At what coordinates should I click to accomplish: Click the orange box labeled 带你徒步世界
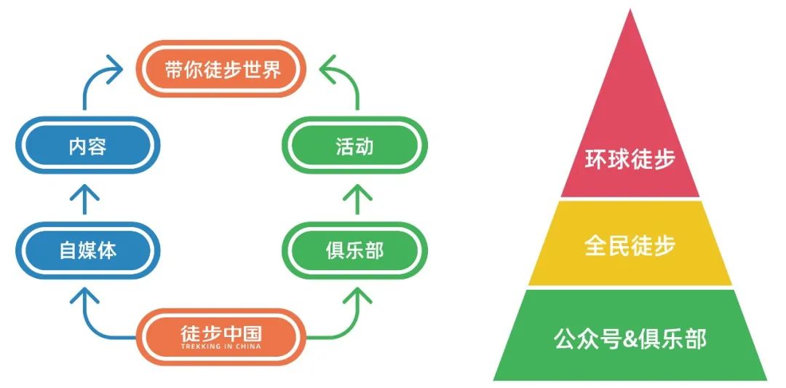(222, 69)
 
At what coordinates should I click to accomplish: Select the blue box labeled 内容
(87, 146)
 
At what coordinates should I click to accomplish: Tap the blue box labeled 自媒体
(87, 251)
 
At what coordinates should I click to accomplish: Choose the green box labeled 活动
(354, 146)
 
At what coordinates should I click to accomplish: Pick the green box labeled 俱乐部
(354, 251)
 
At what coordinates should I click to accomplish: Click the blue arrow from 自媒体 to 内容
(87, 198)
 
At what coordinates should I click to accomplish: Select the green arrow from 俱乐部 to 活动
(354, 198)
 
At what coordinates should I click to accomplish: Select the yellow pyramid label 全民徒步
(630, 245)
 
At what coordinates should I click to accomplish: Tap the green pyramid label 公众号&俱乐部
(630, 338)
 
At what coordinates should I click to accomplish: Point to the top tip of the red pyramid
(630, 12)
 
